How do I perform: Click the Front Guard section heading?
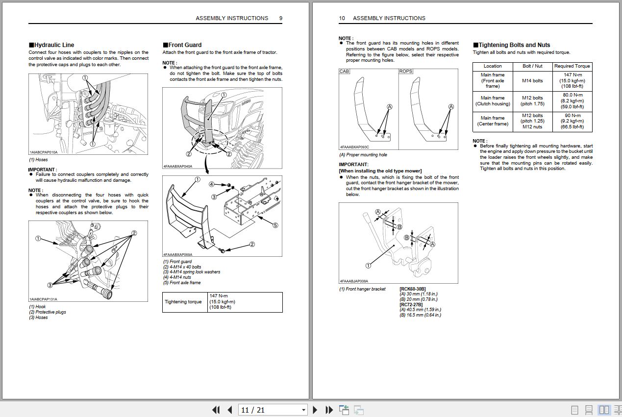point(184,45)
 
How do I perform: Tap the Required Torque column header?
point(572,66)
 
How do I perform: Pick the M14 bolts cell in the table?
point(532,81)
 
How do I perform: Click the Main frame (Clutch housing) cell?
point(492,101)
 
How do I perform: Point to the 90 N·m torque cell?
point(572,121)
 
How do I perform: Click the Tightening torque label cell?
point(183,302)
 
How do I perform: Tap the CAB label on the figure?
point(344,72)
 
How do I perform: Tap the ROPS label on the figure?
point(405,72)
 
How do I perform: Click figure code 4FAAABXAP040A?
point(178,166)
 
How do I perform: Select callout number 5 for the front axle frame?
point(275,225)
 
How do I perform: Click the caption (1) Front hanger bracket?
point(362,289)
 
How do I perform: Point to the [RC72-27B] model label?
point(411,304)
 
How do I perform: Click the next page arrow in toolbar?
point(315,410)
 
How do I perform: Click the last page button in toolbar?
point(329,410)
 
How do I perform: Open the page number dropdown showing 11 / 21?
point(303,410)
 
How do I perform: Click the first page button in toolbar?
point(216,410)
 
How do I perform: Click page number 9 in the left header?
point(281,18)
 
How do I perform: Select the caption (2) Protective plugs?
point(47,312)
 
